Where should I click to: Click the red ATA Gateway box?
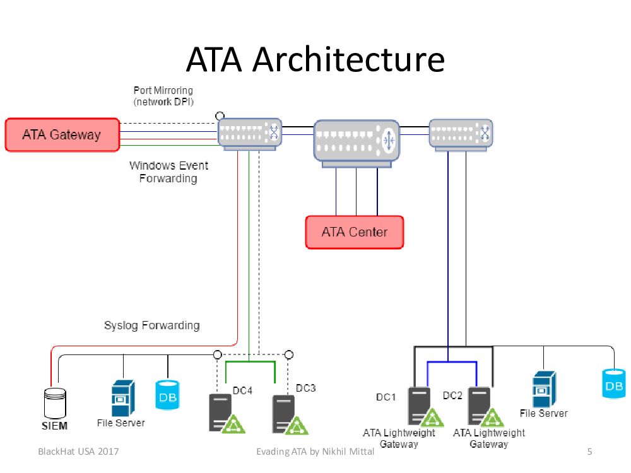[62, 134]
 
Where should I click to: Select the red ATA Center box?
[354, 232]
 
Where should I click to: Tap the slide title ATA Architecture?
[315, 60]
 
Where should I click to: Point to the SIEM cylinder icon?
[56, 402]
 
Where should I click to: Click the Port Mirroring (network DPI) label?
[163, 96]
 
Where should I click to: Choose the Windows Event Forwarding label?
[168, 172]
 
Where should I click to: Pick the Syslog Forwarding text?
[151, 325]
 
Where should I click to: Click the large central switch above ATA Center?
[357, 141]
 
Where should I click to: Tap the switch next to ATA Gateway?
[249, 134]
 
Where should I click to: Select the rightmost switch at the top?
[461, 134]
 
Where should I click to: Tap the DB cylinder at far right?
[614, 383]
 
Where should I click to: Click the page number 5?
[589, 452]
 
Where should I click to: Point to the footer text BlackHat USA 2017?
[79, 452]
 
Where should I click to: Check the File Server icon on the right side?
[544, 389]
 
